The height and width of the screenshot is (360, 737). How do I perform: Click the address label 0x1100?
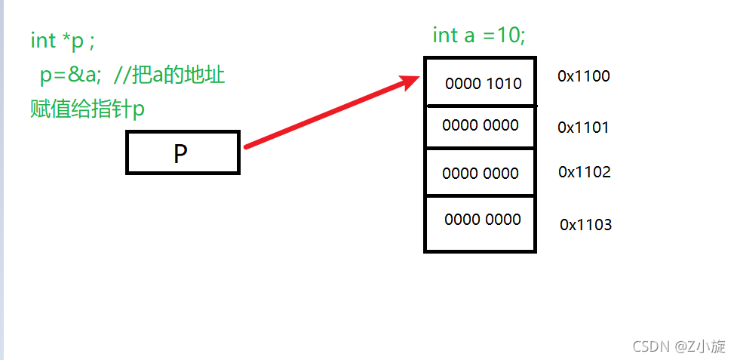(583, 76)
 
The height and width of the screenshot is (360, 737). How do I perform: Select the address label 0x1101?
(583, 128)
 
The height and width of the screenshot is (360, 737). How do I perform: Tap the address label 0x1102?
(584, 172)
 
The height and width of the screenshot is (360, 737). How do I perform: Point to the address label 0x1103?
(585, 225)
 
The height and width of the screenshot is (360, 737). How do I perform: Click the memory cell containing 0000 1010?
(481, 82)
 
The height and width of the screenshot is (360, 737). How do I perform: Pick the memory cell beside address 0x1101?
(481, 126)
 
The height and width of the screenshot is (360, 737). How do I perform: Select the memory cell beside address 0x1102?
(481, 173)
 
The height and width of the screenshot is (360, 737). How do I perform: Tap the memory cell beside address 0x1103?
(481, 223)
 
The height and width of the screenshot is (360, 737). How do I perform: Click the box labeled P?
(183, 153)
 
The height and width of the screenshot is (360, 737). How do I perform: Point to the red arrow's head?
(415, 78)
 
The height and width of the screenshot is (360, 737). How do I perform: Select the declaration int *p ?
(63, 42)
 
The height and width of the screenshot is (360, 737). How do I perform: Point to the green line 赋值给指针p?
(87, 109)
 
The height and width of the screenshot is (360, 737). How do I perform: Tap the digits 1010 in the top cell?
(504, 83)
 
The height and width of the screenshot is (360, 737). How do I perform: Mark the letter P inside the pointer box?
(180, 154)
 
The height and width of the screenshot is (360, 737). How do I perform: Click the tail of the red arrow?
(247, 146)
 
